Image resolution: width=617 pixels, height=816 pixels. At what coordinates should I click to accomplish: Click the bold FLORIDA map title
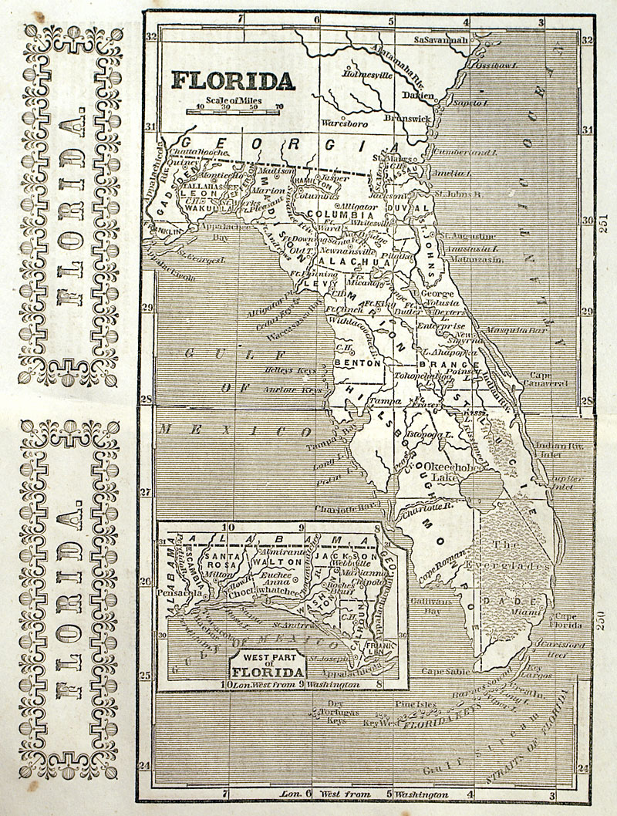[232, 79]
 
